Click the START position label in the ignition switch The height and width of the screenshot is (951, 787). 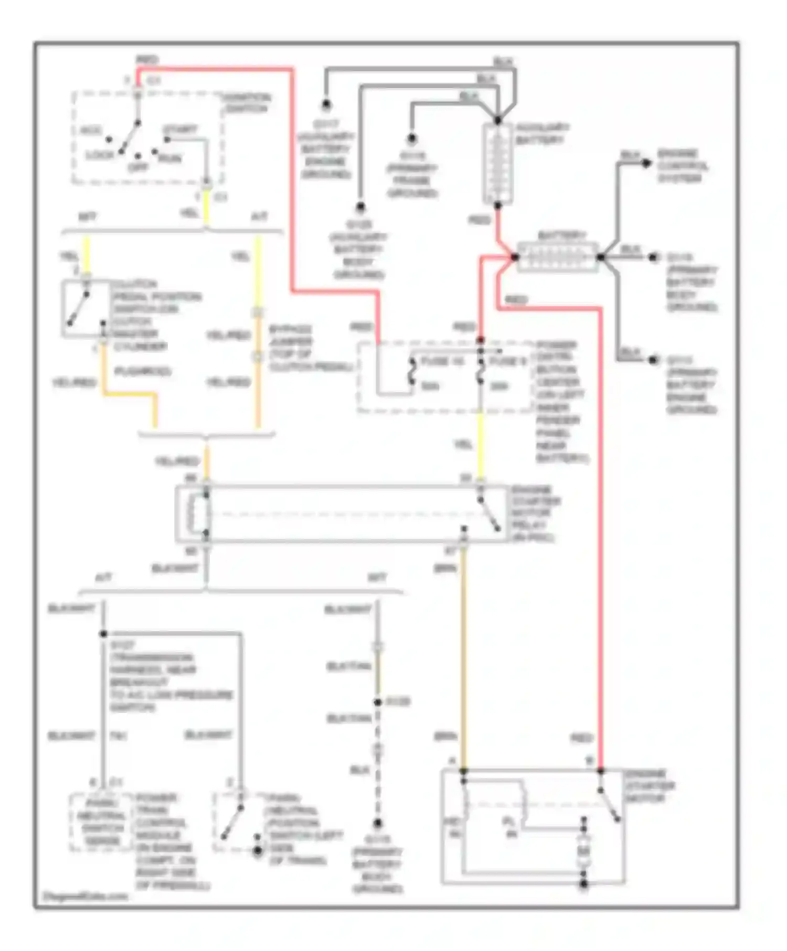[180, 129]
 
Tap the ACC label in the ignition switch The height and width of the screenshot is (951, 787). [90, 131]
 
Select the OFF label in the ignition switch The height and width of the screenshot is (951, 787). [138, 167]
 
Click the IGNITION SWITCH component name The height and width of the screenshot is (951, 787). [247, 103]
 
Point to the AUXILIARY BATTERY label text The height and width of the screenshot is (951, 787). [541, 134]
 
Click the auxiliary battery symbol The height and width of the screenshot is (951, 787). [497, 164]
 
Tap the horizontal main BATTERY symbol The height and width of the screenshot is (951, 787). [557, 257]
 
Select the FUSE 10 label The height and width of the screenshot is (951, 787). [442, 361]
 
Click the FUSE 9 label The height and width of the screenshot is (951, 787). [507, 361]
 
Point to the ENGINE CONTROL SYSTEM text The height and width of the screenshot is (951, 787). [682, 166]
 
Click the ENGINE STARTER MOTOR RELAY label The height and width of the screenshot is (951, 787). [535, 513]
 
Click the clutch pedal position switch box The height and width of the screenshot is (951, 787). [87, 309]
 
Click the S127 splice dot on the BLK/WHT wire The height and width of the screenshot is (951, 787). [103, 634]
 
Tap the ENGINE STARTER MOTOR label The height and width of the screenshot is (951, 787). [650, 786]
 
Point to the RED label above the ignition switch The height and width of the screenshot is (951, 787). [147, 60]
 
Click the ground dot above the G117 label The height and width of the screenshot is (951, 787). [326, 105]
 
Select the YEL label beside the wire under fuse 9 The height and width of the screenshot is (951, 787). [463, 445]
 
